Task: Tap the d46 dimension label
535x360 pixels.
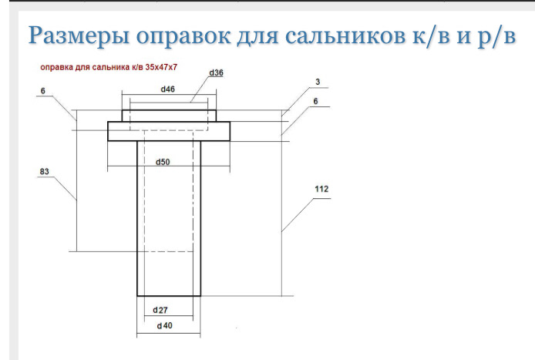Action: [x=168, y=89]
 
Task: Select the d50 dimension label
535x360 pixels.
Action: [x=163, y=162]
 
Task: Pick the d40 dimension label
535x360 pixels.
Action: [x=163, y=326]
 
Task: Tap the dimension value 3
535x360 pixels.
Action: [x=316, y=81]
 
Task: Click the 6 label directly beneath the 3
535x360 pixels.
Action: [x=316, y=101]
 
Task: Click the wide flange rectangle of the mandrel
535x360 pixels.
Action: [x=169, y=131]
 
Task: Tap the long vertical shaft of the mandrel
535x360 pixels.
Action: [x=169, y=224]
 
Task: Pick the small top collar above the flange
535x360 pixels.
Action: [x=169, y=116]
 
